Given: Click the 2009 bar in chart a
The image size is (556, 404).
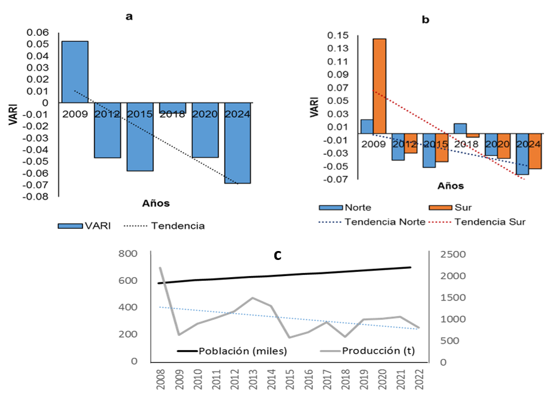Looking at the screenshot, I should [x=75, y=72].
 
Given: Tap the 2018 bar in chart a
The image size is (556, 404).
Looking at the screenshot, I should [x=172, y=108].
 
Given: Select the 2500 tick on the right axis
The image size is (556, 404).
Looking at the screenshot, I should [x=452, y=255].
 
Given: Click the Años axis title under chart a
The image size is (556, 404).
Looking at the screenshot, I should [x=155, y=203].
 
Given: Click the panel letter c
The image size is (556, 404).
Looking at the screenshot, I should [x=277, y=255].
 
